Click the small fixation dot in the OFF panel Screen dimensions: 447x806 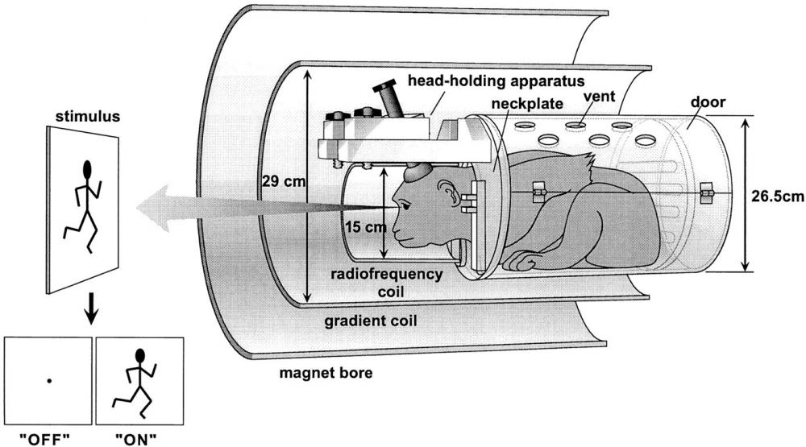[x=49, y=379]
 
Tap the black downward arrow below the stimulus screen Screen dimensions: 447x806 [x=93, y=311]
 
